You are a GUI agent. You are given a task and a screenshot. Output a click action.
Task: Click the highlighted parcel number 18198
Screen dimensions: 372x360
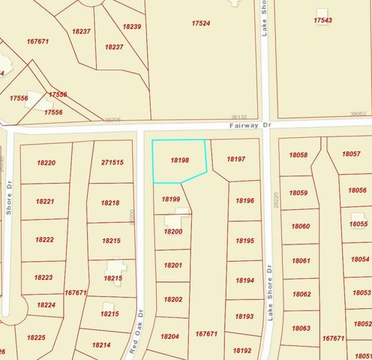[179, 160]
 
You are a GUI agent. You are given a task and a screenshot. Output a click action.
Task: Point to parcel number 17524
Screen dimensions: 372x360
[200, 23]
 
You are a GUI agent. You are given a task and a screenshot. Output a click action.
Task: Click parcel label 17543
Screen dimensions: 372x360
[323, 20]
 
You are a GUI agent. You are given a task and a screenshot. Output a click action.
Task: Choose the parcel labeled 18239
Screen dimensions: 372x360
[132, 26]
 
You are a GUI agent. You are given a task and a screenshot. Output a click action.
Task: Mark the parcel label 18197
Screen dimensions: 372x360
[235, 159]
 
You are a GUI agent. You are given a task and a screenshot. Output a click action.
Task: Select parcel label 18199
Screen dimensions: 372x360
[171, 199]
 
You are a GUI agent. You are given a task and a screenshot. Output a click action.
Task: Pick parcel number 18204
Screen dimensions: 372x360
[169, 337]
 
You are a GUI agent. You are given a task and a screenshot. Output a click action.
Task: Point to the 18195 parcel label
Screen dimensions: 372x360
[244, 241]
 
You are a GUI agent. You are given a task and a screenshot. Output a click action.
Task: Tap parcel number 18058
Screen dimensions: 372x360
[298, 154]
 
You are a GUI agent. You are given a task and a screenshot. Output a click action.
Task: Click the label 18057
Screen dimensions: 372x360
[351, 153]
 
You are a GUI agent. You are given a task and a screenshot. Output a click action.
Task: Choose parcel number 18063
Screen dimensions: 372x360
[301, 328]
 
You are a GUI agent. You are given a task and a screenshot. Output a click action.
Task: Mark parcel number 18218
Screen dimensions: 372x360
[110, 202]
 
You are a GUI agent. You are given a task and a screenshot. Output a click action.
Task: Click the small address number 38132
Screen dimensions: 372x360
[239, 117]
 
